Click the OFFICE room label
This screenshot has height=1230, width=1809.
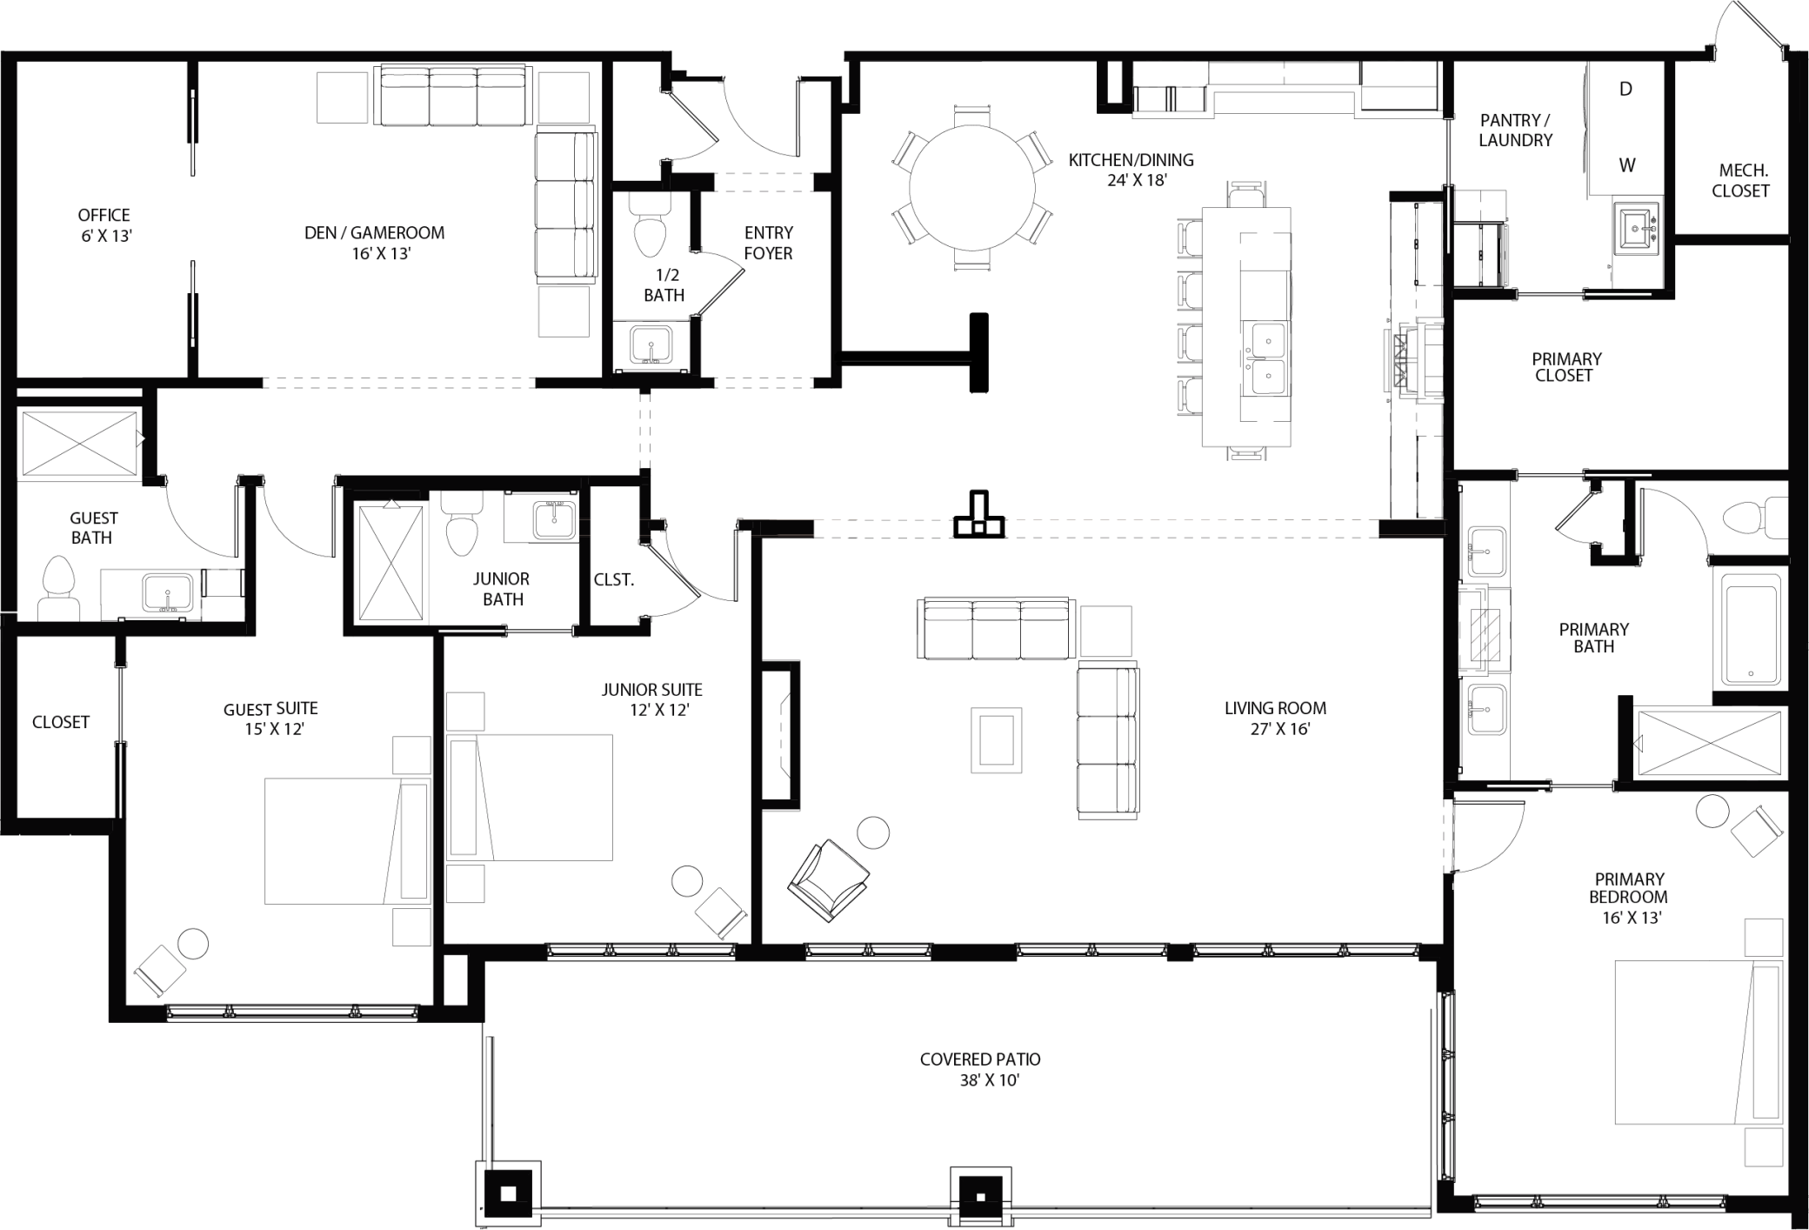104,224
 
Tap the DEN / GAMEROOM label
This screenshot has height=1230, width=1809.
375,243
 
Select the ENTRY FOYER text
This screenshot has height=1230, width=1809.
768,243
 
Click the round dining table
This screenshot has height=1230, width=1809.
972,187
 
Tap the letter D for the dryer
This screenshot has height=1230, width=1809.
1625,89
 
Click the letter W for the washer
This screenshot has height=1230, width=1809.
1626,165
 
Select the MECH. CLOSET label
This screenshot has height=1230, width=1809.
1740,181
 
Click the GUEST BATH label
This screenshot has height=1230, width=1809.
93,527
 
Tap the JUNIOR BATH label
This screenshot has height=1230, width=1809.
501,589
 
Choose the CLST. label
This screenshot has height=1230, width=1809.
613,579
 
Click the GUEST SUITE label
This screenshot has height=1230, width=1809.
270,719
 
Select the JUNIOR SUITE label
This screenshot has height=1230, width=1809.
651,699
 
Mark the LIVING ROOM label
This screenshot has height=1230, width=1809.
1275,718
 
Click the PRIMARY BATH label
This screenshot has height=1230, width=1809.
1593,638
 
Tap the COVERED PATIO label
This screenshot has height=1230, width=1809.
980,1069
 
